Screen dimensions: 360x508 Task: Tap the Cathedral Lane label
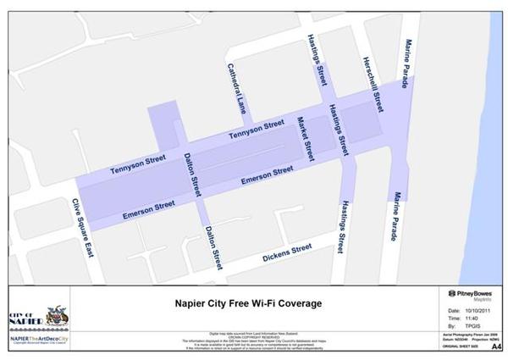point(237,89)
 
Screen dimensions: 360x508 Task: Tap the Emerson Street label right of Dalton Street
point(267,175)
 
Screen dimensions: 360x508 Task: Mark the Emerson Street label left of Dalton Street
point(149,206)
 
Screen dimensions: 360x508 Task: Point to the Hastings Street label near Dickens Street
point(340,226)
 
